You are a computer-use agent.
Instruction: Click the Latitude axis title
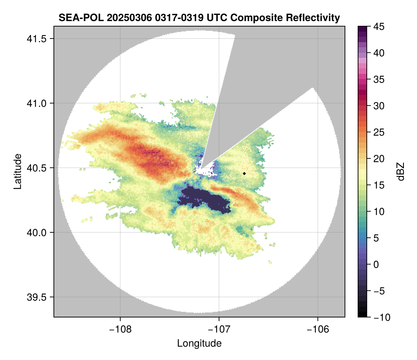[17, 171]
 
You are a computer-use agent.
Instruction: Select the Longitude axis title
[199, 343]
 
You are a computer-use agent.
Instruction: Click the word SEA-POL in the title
[76, 17]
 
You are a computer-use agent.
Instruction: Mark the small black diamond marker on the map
[245, 173]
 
